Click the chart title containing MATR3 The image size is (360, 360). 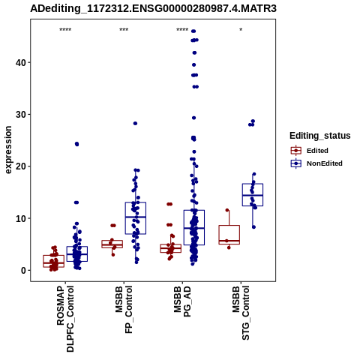pos(153,8)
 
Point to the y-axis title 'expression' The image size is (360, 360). pos(8,150)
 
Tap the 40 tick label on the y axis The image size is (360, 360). pos(21,62)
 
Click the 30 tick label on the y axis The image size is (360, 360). pos(21,115)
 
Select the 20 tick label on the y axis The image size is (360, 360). pos(21,166)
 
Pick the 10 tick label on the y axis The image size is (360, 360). pos(21,218)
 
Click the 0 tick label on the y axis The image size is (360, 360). pos(23,271)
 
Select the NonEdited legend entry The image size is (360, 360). pos(316,163)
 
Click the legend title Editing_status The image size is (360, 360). pos(319,136)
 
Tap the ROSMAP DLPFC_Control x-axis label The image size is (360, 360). pos(65,319)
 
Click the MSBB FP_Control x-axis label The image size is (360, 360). pos(124,310)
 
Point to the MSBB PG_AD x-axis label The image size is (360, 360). pos(182,301)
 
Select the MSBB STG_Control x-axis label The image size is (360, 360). pos(241,313)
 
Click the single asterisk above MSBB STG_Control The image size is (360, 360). pos(241,30)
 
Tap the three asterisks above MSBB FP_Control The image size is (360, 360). pos(124,30)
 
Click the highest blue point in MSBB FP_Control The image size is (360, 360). pos(135,123)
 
